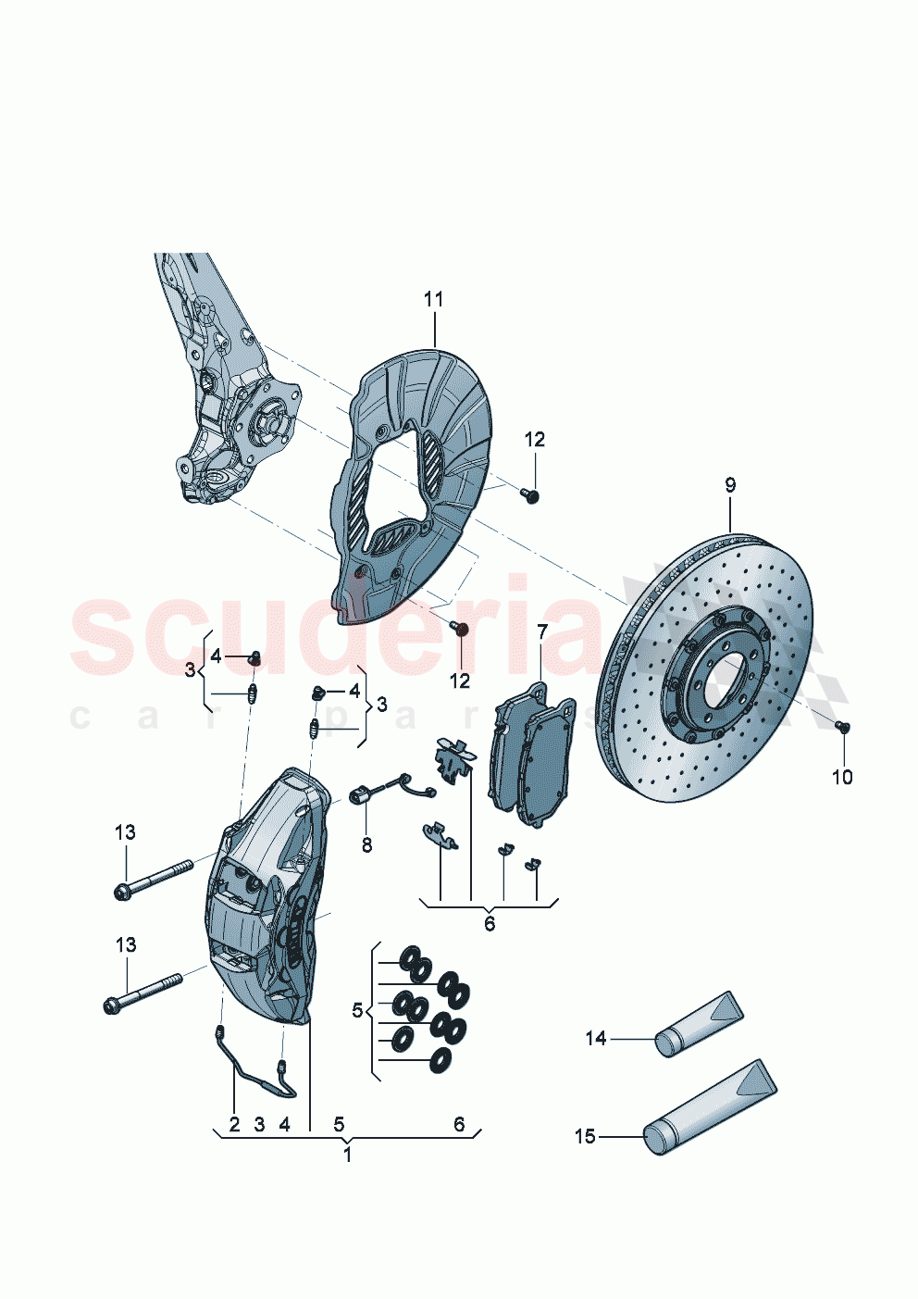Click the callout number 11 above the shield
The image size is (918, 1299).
[433, 299]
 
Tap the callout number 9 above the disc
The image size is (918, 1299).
[730, 484]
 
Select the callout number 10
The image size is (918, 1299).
[841, 777]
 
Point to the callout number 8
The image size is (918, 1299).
[366, 844]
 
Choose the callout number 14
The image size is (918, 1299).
[595, 1038]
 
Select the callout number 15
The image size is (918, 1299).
[585, 1136]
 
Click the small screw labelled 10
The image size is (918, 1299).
[842, 727]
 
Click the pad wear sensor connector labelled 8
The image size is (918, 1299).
[363, 793]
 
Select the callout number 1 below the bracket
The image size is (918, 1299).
[348, 1155]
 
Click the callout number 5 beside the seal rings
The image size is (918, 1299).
[357, 1009]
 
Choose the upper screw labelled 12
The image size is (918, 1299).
[532, 495]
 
